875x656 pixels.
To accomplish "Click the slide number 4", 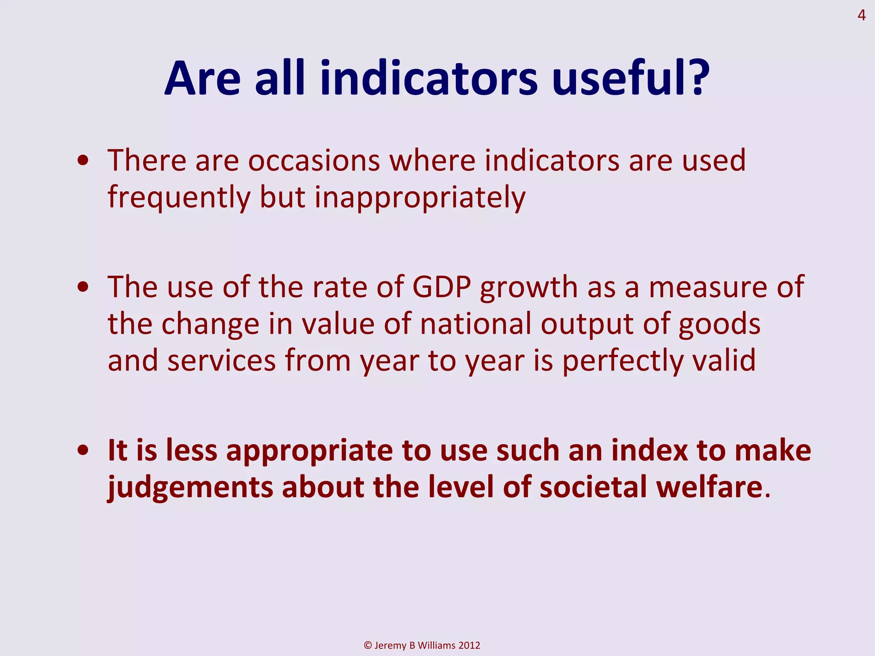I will coord(861,16).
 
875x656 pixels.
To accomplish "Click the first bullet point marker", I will coord(83,161).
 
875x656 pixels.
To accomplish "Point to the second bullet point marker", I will coord(83,287).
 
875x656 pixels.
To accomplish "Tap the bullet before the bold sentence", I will coord(83,451).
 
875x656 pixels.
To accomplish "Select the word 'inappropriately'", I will coord(420,198).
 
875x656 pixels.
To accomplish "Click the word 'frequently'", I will coord(179,198).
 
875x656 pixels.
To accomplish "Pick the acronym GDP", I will coord(441,287).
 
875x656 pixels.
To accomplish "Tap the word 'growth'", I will coord(529,287).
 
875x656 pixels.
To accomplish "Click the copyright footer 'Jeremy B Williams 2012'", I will coord(422,645).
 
